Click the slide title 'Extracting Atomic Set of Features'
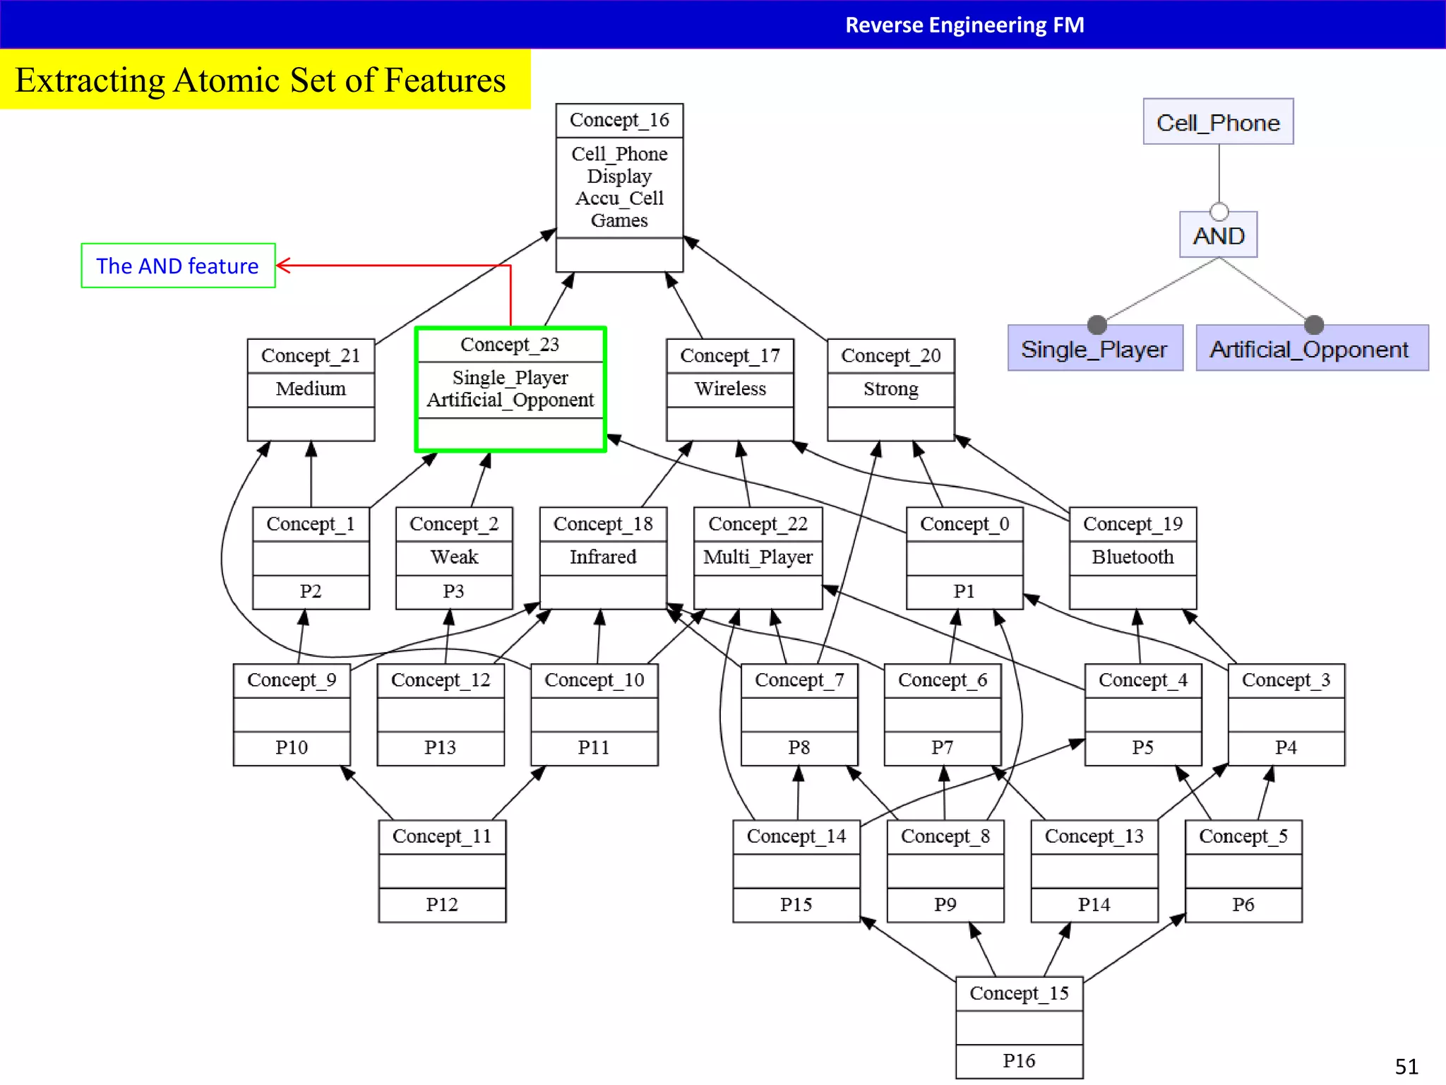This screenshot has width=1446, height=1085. (261, 80)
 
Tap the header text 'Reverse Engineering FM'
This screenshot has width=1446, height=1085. (964, 25)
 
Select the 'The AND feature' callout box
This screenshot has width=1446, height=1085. (178, 266)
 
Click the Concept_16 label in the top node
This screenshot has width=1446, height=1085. (619, 120)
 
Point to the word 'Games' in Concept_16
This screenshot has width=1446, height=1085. (619, 220)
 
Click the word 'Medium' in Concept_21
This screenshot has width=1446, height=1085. (311, 389)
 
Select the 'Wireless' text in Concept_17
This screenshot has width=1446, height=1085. (730, 389)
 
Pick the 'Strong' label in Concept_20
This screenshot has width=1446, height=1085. (890, 389)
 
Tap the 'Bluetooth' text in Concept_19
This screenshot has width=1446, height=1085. (1133, 557)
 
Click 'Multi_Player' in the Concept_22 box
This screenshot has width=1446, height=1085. (758, 557)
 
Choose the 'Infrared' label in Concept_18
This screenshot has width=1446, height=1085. (603, 557)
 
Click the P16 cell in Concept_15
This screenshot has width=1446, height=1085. (1019, 1060)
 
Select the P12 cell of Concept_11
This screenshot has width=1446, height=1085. (442, 904)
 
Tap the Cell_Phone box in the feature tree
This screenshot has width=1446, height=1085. (1218, 122)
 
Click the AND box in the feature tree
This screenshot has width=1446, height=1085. (1218, 236)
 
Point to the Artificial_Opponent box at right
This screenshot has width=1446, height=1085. (1311, 349)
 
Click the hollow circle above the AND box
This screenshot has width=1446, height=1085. (1219, 211)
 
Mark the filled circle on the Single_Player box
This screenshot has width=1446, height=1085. (1097, 324)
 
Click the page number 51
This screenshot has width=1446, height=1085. (1406, 1066)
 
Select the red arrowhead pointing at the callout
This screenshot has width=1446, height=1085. (282, 266)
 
